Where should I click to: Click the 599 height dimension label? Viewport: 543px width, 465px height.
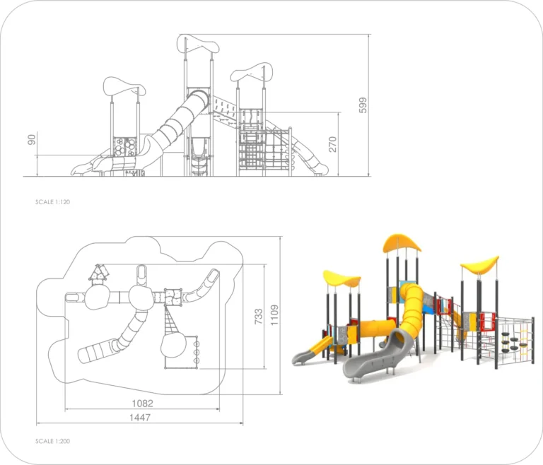coord(363,105)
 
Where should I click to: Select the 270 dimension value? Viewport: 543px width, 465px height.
coord(332,144)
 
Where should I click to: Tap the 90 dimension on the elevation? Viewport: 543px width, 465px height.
coord(32,140)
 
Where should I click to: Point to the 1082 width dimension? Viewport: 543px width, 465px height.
coord(142,403)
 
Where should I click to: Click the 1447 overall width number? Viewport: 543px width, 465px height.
coord(140,417)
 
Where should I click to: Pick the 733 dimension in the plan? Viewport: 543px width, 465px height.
coord(258,317)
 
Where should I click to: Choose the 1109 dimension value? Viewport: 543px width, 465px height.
coord(274,315)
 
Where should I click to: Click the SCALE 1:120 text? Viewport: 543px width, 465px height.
coord(52,202)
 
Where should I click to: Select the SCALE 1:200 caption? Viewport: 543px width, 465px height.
coord(52,441)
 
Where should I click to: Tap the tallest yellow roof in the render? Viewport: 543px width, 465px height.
coord(402,243)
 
